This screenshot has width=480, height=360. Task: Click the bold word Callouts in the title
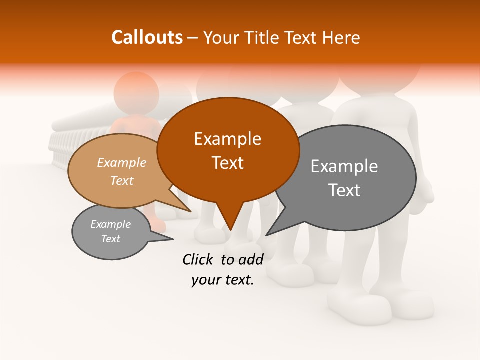147,37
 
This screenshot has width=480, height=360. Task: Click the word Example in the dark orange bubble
227,139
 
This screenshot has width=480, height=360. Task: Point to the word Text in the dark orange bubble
227,163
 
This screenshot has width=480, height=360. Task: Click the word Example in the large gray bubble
344,166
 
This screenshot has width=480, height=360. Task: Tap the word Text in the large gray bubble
344,190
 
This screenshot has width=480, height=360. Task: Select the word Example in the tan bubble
122,162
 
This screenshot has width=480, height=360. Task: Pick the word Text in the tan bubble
122,180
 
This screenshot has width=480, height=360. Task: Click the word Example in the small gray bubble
110,224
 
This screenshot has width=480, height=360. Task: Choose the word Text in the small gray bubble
110,239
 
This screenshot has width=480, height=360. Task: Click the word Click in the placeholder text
198,259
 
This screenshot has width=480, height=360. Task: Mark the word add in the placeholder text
251,259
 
